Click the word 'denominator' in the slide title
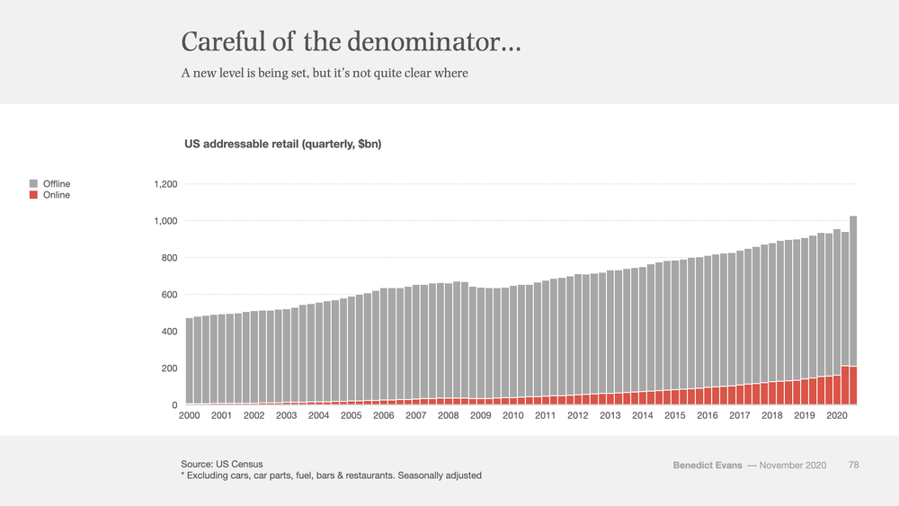point(433,42)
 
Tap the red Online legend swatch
point(33,195)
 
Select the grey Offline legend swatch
point(33,183)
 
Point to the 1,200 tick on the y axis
point(165,184)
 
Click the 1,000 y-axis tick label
point(165,220)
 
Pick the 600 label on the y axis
point(169,295)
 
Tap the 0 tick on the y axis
point(175,405)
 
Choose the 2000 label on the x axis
point(189,415)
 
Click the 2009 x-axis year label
point(480,415)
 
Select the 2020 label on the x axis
point(836,415)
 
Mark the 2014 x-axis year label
point(642,415)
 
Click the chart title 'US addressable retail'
point(241,144)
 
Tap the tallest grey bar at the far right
point(853,291)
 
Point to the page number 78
point(854,465)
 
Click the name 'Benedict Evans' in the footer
point(708,466)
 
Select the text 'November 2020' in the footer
point(793,466)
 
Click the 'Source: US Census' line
point(222,464)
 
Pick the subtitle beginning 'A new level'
point(325,74)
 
